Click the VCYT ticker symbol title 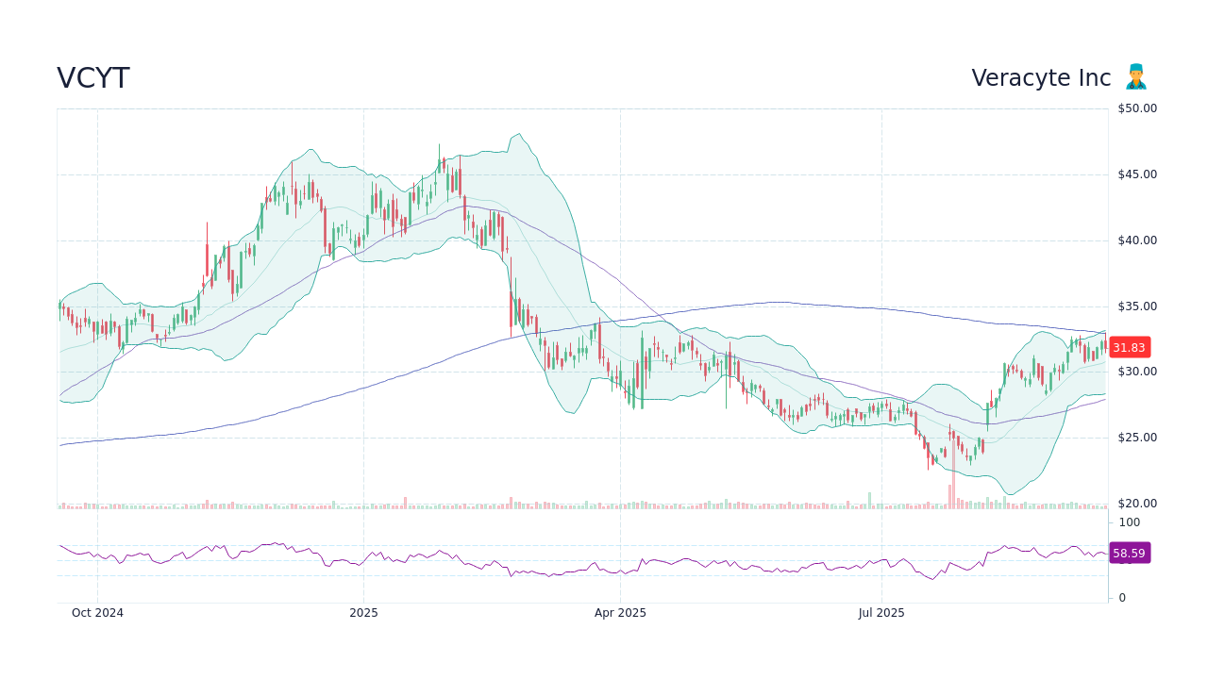point(93,78)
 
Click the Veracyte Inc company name point(1041,78)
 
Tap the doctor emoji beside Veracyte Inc point(1135,77)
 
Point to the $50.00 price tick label point(1136,108)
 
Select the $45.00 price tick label point(1136,174)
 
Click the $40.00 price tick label point(1136,240)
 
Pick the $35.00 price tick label point(1136,306)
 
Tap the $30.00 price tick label point(1136,372)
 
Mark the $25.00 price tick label point(1136,438)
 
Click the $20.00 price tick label point(1136,504)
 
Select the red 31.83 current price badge point(1129,347)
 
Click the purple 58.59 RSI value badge point(1129,554)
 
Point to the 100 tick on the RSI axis point(1129,522)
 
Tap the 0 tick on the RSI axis point(1122,598)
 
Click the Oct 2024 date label point(97,613)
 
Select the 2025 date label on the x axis point(363,613)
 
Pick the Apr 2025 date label point(620,613)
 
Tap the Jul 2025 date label point(881,613)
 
